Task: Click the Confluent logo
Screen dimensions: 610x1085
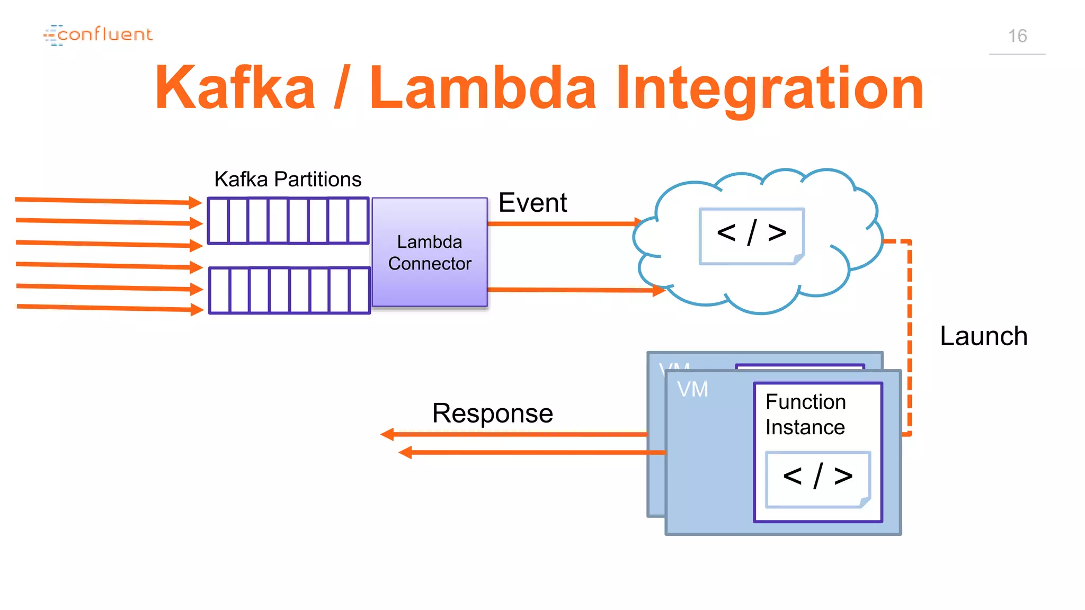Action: pyautogui.click(x=98, y=35)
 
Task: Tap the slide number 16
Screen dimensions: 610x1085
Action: pyautogui.click(x=1017, y=36)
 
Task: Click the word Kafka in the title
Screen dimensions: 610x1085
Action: pyautogui.click(x=235, y=87)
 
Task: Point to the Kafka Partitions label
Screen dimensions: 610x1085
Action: pyautogui.click(x=288, y=180)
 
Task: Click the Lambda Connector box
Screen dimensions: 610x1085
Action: pyautogui.click(x=430, y=253)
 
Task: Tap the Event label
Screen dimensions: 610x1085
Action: pyautogui.click(x=532, y=203)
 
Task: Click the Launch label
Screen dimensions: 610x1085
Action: pyautogui.click(x=984, y=336)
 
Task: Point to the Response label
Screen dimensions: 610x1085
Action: pyautogui.click(x=492, y=413)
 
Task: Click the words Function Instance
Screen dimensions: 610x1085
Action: pyautogui.click(x=805, y=415)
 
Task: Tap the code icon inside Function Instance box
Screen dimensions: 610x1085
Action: pyautogui.click(x=818, y=479)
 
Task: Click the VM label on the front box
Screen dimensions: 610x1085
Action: pyautogui.click(x=692, y=389)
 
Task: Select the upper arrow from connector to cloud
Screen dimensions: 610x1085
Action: pyautogui.click(x=562, y=223)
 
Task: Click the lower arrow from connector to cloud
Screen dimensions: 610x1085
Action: pyautogui.click(x=572, y=290)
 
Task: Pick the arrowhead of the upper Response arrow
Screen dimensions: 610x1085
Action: pyautogui.click(x=388, y=435)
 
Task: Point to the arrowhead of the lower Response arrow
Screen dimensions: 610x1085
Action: pyautogui.click(x=405, y=453)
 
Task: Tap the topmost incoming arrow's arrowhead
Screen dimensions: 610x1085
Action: pyautogui.click(x=195, y=202)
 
